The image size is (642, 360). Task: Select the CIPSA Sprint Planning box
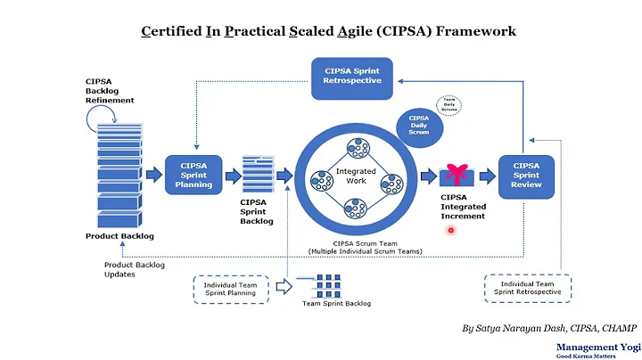[193, 174]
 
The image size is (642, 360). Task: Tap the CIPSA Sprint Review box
[526, 174]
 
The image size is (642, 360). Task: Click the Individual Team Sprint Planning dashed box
[229, 288]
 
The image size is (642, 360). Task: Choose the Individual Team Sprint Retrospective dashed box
[528, 288]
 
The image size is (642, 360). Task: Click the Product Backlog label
[119, 236]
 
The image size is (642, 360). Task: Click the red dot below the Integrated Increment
[451, 230]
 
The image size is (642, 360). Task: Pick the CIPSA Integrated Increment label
[463, 207]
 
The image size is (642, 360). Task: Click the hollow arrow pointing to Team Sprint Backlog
[284, 287]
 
